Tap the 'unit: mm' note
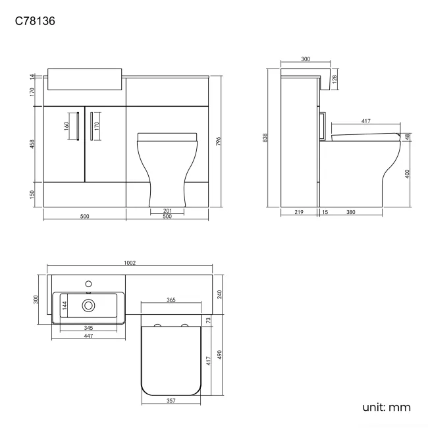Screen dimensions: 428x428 pyautogui.click(x=387, y=407)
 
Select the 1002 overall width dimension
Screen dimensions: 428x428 pyautogui.click(x=130, y=263)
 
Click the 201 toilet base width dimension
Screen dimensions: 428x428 pyautogui.click(x=167, y=211)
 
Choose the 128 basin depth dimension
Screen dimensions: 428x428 pyautogui.click(x=334, y=79)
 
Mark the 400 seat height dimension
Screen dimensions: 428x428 pyautogui.click(x=408, y=174)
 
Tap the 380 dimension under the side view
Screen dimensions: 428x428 pyautogui.click(x=351, y=212)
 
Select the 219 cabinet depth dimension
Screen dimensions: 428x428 pyautogui.click(x=299, y=212)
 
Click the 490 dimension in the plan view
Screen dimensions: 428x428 pyautogui.click(x=219, y=354)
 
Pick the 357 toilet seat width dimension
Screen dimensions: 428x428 pyautogui.click(x=169, y=400)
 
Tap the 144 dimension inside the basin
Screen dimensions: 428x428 pyautogui.click(x=65, y=305)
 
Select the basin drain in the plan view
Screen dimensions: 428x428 pyautogui.click(x=88, y=305)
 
